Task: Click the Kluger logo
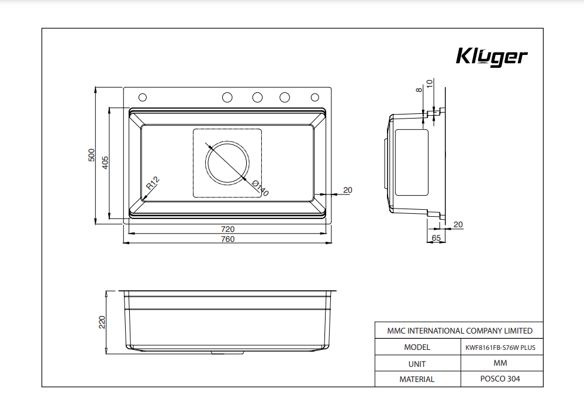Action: (491, 57)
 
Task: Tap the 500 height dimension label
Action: (91, 155)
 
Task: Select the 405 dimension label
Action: (105, 162)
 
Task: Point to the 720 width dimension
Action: (227, 229)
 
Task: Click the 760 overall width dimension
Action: (227, 239)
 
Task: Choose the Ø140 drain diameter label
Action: (261, 188)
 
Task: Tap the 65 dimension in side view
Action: (436, 238)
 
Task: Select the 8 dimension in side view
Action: (419, 90)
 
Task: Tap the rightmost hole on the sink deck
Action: (315, 97)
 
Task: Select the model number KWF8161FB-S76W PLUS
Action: (500, 347)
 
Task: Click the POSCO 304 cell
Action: (500, 379)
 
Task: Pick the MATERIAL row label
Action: (417, 379)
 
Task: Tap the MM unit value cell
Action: (500, 363)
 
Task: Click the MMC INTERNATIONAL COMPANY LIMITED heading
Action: (459, 331)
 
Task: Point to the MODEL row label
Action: (417, 347)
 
